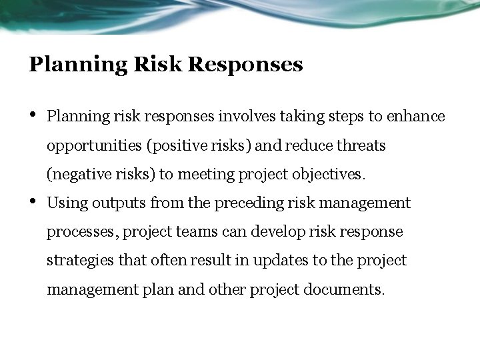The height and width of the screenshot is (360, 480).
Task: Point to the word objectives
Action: click(x=330, y=175)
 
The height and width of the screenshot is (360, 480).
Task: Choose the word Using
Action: click(x=67, y=203)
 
